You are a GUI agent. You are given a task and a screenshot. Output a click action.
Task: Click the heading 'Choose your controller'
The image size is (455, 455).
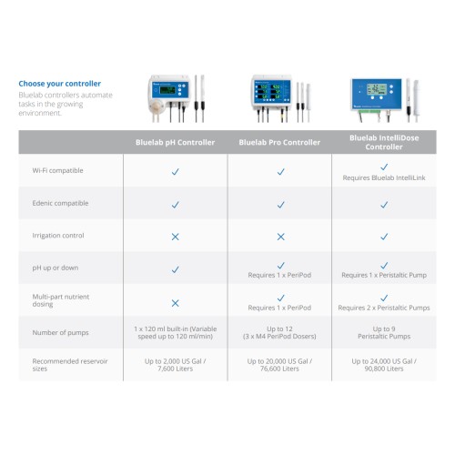tap(60, 84)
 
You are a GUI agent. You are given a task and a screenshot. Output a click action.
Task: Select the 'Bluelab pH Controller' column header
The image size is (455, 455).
tap(175, 142)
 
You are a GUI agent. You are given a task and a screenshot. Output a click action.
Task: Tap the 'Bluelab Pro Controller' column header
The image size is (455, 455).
tap(279, 142)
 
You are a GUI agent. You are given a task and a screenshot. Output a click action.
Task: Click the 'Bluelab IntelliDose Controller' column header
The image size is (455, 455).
tap(384, 142)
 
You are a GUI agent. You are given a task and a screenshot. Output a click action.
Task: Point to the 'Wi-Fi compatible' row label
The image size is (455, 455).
tap(57, 170)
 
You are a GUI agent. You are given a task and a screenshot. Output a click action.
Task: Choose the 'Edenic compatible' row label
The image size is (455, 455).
tap(60, 203)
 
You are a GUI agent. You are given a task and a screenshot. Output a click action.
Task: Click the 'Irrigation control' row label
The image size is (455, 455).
tap(58, 236)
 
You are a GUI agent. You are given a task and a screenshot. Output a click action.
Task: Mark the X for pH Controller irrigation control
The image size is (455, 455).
tap(175, 237)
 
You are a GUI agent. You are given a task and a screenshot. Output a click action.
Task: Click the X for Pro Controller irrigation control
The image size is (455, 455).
tap(281, 237)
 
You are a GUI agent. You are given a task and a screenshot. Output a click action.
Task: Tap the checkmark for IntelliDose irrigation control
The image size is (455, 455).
tap(384, 237)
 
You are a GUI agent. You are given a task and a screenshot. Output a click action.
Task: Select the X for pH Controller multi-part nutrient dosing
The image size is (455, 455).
tap(175, 303)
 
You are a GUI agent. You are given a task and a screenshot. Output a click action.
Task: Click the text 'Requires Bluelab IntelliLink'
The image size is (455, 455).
tap(384, 177)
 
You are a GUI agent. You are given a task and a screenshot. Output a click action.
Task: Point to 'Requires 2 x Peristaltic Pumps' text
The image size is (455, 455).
tap(384, 308)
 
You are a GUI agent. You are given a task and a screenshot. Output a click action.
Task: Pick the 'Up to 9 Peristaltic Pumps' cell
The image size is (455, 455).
tap(384, 332)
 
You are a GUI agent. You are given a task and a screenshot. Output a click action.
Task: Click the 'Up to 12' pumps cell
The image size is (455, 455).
tap(279, 332)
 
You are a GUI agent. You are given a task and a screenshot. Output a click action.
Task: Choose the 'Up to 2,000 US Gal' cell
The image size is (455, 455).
tap(175, 365)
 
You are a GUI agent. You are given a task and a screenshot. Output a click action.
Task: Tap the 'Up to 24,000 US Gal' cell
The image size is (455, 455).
tap(384, 365)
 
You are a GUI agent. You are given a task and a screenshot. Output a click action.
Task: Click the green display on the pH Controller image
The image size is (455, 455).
tap(167, 90)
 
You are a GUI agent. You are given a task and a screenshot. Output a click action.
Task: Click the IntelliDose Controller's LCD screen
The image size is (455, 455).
tap(377, 89)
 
